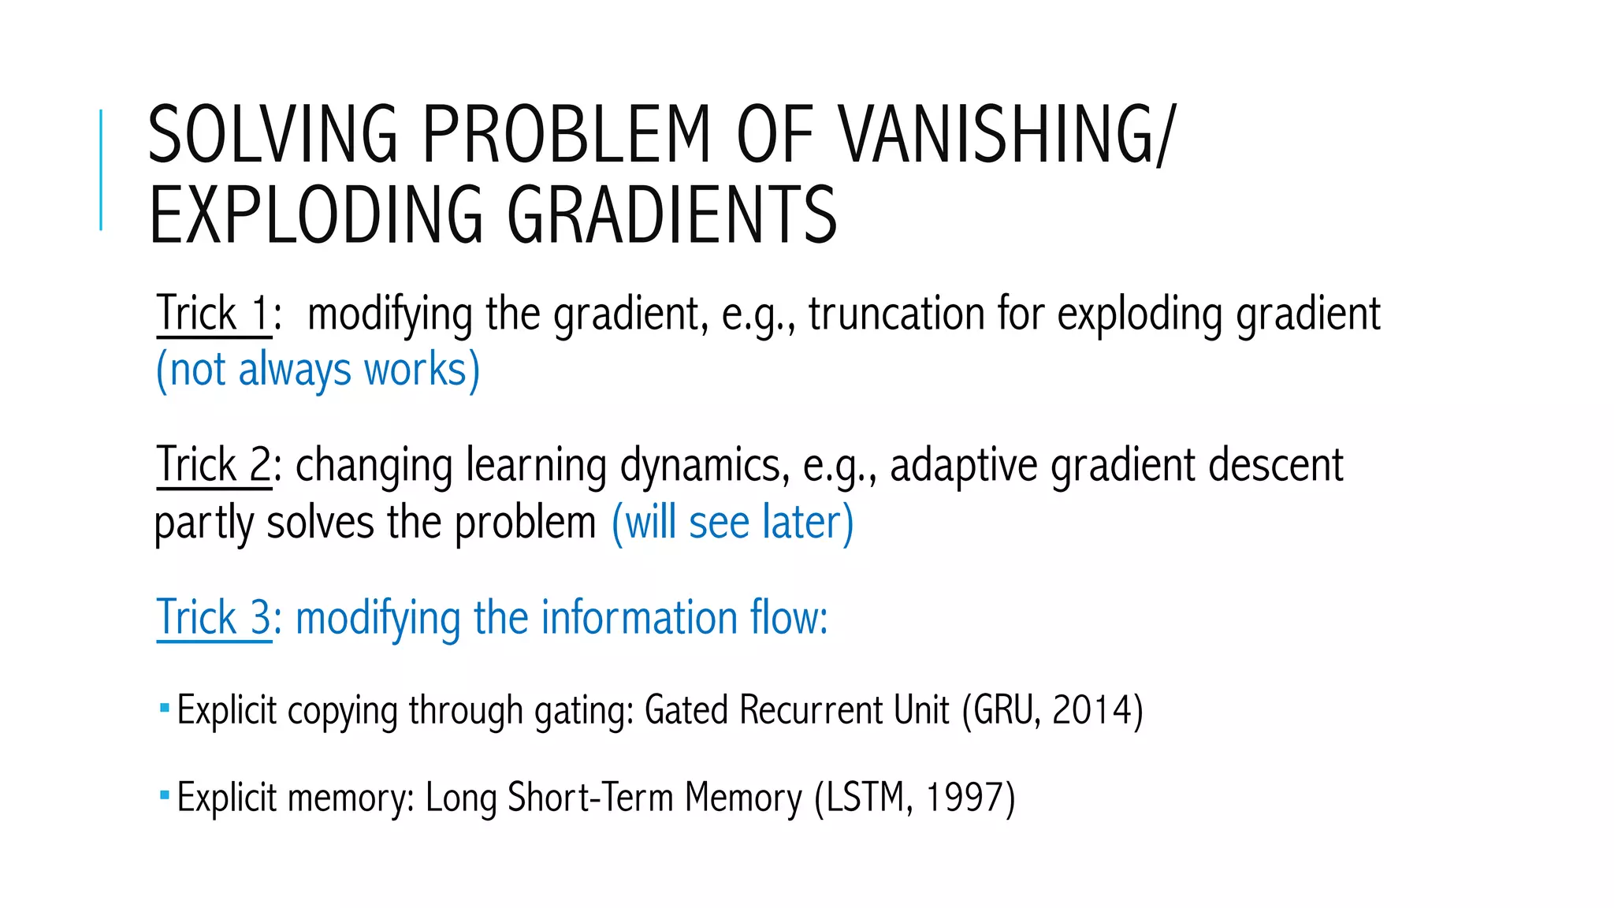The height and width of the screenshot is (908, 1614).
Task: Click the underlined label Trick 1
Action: coord(214,314)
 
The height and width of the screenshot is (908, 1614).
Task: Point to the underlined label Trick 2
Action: coord(214,465)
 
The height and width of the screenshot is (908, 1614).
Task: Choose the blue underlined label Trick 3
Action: coord(214,617)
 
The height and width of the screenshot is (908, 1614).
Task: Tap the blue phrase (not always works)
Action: coord(318,370)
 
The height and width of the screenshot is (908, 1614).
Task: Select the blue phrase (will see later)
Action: coord(732,523)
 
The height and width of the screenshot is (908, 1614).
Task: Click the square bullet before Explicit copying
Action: coord(164,708)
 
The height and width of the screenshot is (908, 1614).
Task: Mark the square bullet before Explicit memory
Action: coord(164,795)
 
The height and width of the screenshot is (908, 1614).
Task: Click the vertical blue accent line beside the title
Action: coord(101,169)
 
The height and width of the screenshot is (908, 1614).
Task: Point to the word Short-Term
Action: coord(590,798)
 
